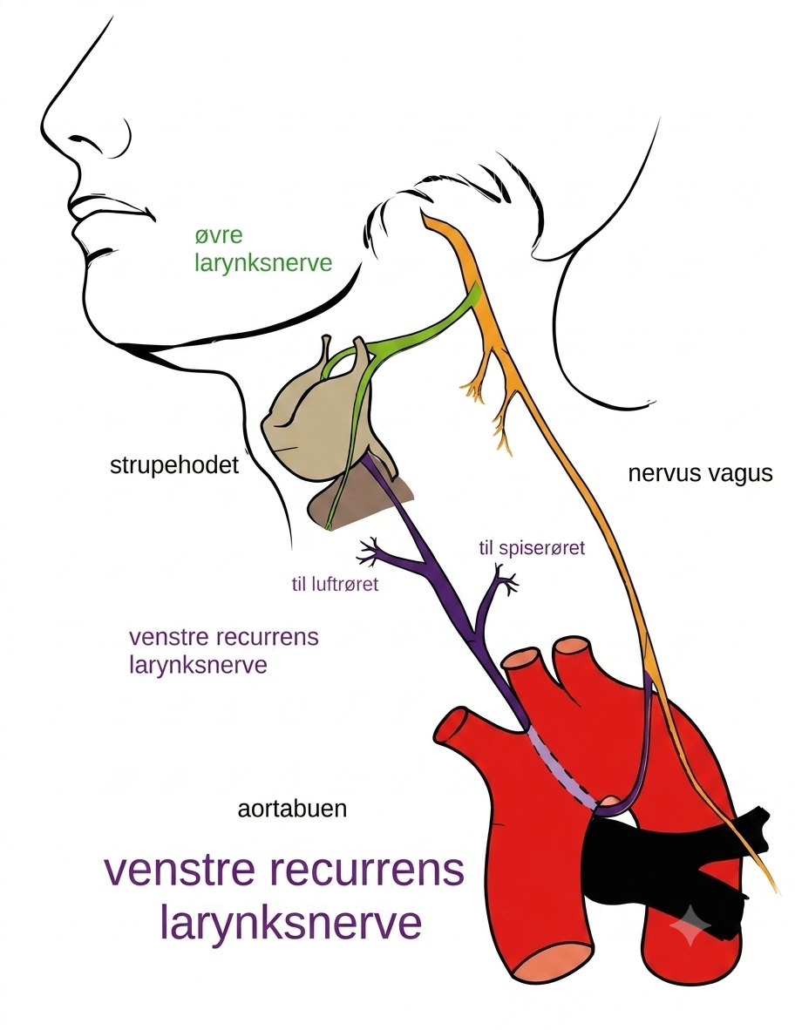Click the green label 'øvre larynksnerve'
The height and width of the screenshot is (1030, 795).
point(262,249)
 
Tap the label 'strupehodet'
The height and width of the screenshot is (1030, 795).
point(174,465)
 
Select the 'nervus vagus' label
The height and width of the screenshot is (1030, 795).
point(700,473)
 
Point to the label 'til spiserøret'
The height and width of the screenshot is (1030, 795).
point(532,547)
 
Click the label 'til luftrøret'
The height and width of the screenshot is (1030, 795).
point(335,584)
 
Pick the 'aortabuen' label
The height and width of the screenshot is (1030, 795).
point(292,808)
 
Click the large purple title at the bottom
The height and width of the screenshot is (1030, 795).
point(284,896)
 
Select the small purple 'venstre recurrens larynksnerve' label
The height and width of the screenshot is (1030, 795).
point(224,651)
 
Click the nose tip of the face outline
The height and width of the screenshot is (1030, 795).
point(44,125)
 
